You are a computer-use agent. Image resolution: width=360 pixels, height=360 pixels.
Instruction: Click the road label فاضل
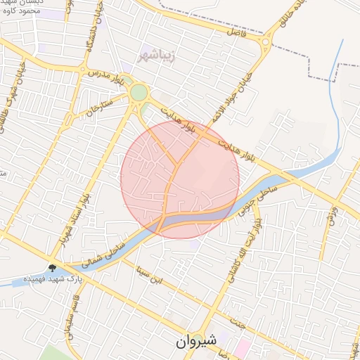pos(237,30)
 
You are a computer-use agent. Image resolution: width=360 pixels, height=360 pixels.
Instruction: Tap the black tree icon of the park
pos(53,267)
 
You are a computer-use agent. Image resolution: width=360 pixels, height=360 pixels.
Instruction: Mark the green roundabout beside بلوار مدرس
pos(139,92)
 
